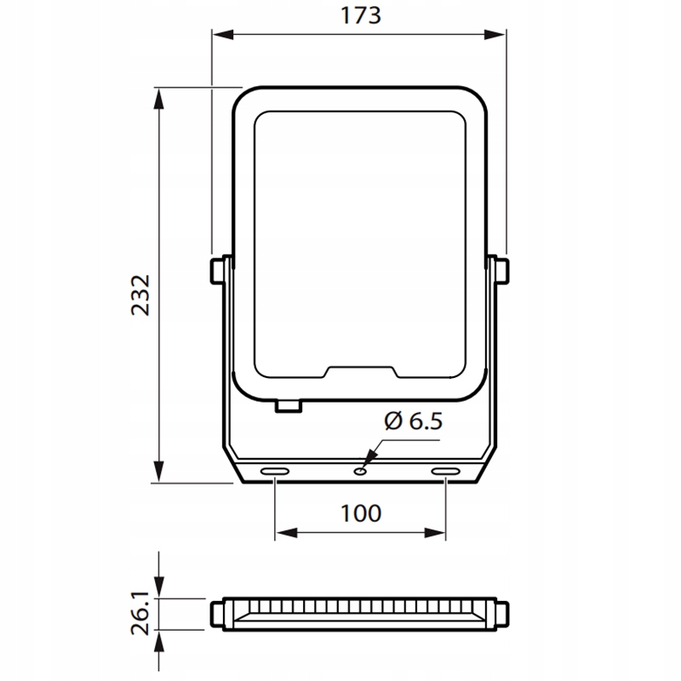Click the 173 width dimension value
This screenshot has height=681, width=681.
point(360,15)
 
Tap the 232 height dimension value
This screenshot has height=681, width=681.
point(140,295)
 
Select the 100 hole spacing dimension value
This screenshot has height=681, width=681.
point(360,513)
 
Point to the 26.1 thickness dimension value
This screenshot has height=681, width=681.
point(140,612)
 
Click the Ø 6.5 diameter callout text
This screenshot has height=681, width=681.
point(414,421)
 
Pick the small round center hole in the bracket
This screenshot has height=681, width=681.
point(359,472)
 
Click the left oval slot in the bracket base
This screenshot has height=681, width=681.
point(274,472)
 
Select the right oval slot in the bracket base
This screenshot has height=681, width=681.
point(445,472)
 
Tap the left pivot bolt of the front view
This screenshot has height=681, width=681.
point(217,272)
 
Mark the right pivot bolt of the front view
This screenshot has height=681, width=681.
point(502,272)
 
